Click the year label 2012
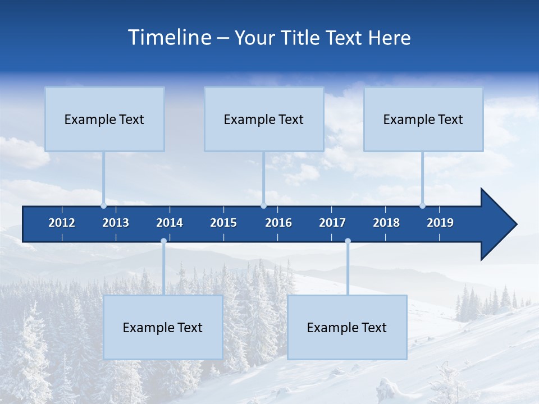click(x=62, y=223)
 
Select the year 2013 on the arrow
click(x=116, y=223)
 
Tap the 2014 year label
click(x=170, y=223)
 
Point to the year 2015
click(x=223, y=223)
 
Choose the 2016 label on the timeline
click(x=278, y=223)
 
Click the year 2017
click(x=332, y=223)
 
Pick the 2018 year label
click(x=386, y=223)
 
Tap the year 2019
click(x=440, y=223)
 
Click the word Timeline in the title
click(x=168, y=38)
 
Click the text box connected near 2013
click(x=104, y=120)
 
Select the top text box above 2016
click(x=264, y=120)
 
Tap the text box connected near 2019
click(x=423, y=120)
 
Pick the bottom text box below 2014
click(x=163, y=328)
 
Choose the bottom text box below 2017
click(x=347, y=328)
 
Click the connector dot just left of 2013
click(x=104, y=206)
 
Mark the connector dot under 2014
click(x=163, y=241)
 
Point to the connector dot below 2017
click(x=348, y=241)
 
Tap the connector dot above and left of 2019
click(x=423, y=206)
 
